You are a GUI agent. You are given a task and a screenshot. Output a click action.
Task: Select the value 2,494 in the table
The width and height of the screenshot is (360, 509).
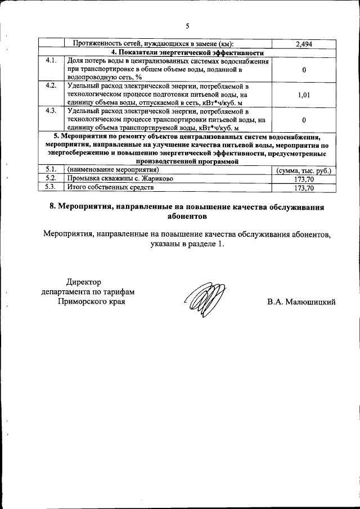pos(303,43)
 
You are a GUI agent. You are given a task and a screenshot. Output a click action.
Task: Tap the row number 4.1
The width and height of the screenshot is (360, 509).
pos(51,60)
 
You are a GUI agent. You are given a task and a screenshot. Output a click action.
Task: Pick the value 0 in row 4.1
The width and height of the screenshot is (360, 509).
pos(303,70)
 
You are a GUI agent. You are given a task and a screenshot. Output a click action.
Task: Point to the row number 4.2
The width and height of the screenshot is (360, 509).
pos(51,86)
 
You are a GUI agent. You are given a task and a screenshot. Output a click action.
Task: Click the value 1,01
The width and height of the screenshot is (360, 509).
pos(303,95)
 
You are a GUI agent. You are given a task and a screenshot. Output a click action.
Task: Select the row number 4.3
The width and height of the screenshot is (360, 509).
pos(51,111)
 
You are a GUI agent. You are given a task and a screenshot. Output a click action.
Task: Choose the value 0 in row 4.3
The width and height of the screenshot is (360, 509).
pos(303,120)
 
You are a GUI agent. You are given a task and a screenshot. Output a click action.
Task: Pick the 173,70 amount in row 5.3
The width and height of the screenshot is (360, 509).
pos(303,188)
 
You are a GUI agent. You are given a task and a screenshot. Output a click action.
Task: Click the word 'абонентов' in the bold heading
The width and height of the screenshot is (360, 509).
pos(187,216)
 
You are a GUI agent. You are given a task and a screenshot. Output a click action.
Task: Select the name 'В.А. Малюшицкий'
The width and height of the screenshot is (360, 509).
pos(301,303)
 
